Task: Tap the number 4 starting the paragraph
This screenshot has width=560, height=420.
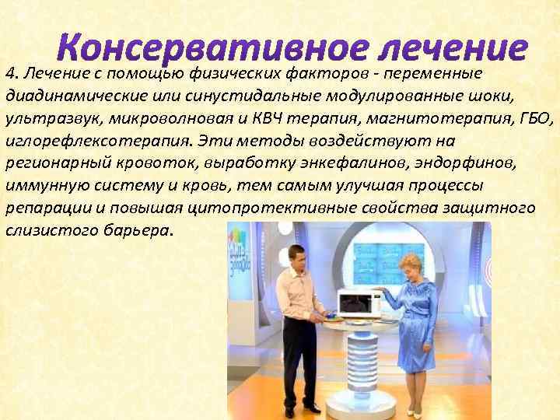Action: coord(9,74)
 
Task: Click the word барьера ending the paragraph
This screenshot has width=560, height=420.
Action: coord(137,232)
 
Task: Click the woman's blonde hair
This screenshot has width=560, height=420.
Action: coord(411,263)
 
